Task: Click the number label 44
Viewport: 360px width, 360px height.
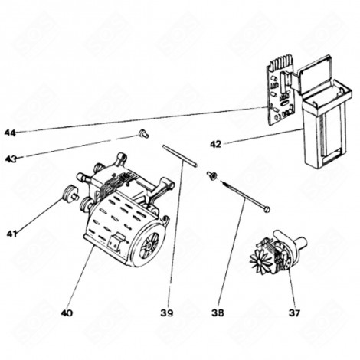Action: pos(9,133)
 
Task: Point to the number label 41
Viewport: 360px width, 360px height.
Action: pos(10,232)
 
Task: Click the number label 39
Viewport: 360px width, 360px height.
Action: pos(166,313)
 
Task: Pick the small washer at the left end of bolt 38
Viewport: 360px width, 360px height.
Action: pos(208,176)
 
